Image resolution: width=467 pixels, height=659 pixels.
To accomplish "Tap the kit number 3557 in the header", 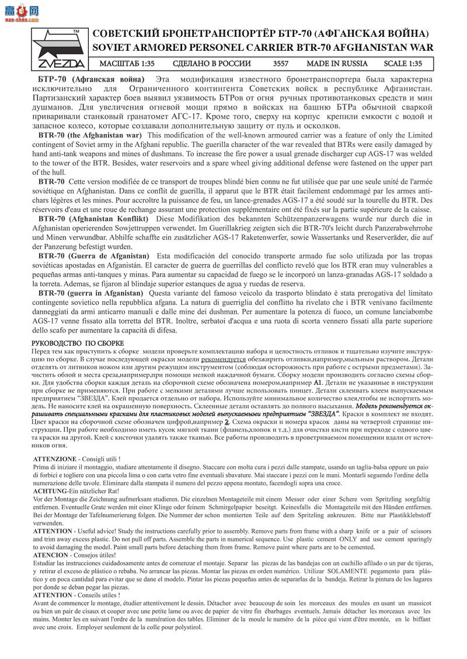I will [x=280, y=64].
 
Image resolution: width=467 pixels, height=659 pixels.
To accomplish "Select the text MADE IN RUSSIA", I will [x=337, y=64].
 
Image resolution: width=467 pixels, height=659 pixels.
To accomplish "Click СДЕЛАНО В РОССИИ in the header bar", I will [x=212, y=64].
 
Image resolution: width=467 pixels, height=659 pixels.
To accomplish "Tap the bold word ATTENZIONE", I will [x=55, y=459].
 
